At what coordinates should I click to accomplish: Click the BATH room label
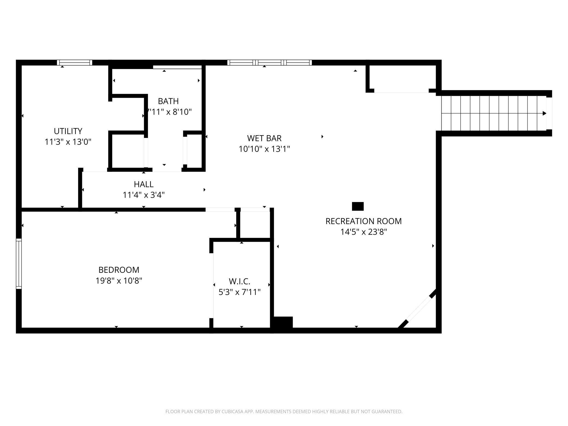point(168,101)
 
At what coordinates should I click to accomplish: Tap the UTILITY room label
point(68,131)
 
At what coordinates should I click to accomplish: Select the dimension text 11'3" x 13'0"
point(68,142)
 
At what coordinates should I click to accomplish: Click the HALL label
point(144,184)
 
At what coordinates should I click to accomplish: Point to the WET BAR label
point(264,138)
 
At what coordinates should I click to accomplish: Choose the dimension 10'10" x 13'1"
point(264,149)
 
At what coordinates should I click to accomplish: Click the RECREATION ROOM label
point(363,221)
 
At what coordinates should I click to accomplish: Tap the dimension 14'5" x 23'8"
point(363,232)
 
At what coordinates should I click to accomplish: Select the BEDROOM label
point(119,270)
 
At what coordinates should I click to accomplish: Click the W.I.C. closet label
point(239,281)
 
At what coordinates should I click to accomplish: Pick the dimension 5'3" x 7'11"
point(239,292)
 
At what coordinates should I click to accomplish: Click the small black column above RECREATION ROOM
point(358,206)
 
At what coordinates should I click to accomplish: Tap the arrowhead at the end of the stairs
point(544,113)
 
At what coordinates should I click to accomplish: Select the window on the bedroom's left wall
point(19,264)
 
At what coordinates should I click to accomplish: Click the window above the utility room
point(75,63)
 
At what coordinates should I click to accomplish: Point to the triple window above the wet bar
point(270,63)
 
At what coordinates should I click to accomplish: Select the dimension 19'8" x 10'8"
point(119,281)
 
